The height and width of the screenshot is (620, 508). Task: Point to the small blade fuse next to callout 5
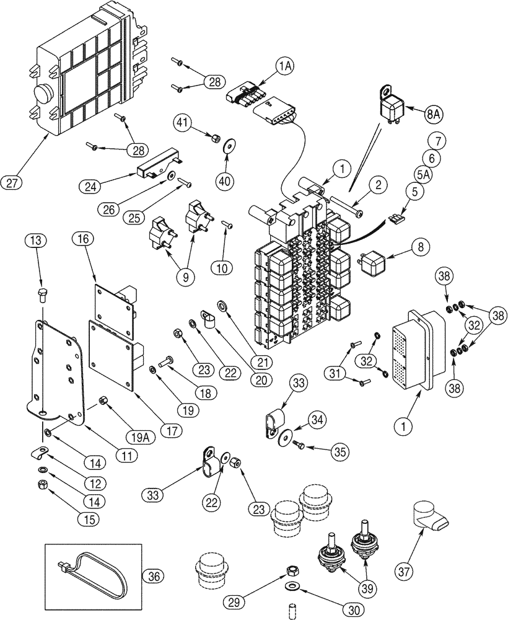click(395, 218)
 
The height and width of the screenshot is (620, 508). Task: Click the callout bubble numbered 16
click(82, 238)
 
